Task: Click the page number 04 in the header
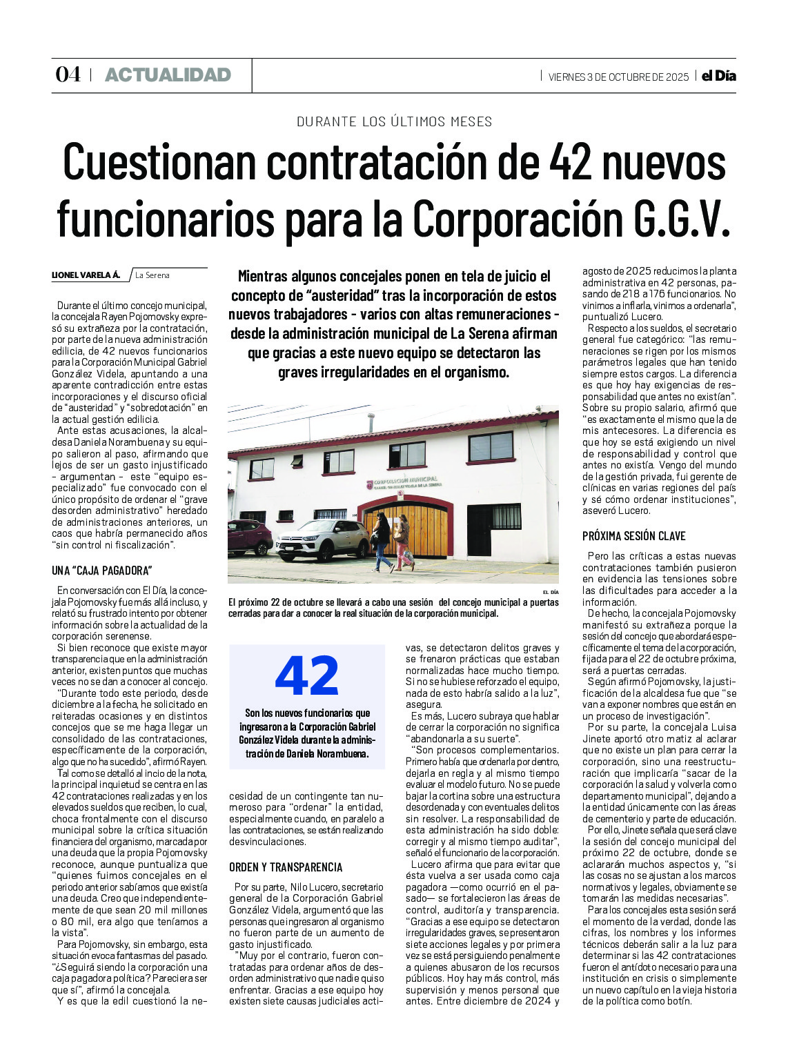68,75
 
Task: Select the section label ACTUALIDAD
168,75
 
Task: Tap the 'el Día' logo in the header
718,76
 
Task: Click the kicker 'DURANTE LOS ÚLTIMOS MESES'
394,121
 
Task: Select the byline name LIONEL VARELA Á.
86,275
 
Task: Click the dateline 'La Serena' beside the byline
152,275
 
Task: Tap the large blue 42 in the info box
307,676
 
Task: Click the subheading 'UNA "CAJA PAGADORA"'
101,571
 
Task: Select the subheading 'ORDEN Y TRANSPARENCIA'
286,867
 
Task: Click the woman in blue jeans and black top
381,542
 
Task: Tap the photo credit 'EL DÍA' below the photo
550,593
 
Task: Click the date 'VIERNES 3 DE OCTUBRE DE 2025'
618,77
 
